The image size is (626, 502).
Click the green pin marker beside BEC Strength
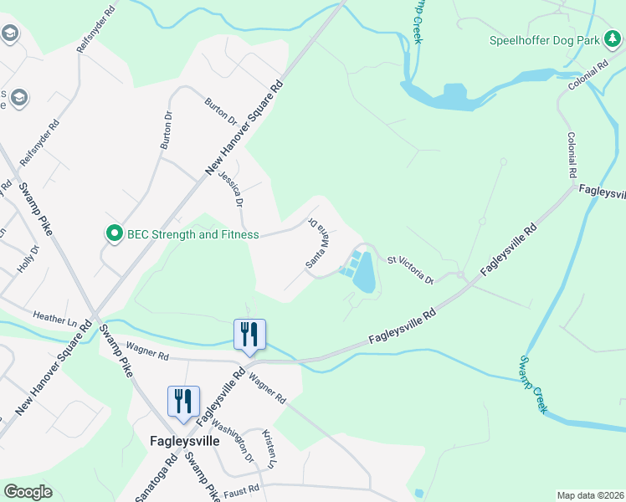[x=114, y=234]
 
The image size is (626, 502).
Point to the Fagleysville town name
[x=184, y=440]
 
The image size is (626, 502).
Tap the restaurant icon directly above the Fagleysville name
[x=183, y=400]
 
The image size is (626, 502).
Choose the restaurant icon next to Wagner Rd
[x=249, y=333]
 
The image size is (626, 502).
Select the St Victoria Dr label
[x=410, y=269]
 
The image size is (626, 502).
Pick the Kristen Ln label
[x=270, y=448]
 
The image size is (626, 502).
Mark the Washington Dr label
[x=237, y=446]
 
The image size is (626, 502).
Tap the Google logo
[x=28, y=492]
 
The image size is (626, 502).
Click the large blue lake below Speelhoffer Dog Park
[x=455, y=94]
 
